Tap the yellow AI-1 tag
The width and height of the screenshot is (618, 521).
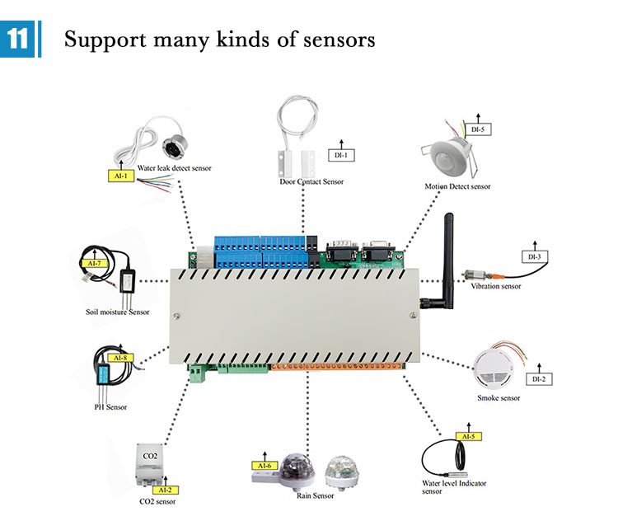point(120,176)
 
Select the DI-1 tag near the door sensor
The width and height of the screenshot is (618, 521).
point(340,154)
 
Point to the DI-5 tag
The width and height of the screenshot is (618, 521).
point(479,129)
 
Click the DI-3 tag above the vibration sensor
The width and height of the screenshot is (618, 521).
point(534,256)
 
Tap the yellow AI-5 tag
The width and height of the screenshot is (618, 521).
point(467,436)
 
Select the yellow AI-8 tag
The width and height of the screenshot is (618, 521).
point(120,357)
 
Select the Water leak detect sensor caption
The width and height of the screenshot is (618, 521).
point(174,168)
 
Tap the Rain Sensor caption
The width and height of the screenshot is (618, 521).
point(315,495)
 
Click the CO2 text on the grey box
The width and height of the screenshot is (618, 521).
point(152,455)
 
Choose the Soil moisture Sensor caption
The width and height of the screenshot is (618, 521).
point(117,312)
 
